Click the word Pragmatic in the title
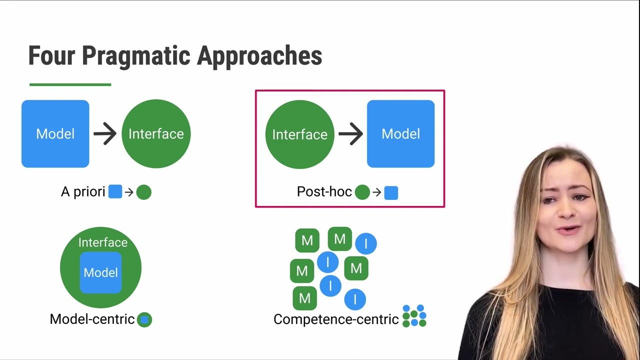tap(136, 56)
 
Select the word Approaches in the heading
tap(259, 56)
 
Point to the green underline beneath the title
tap(70, 84)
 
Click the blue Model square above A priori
tap(55, 133)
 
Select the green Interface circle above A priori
tap(156, 133)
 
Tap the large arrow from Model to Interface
tap(105, 133)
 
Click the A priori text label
tap(83, 192)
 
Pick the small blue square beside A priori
tap(115, 192)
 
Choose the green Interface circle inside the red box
tap(299, 134)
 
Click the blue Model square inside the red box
tap(400, 133)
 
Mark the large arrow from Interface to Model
tap(350, 134)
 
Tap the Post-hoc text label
tap(324, 192)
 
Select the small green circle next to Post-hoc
tap(362, 192)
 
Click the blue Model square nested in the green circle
tap(101, 272)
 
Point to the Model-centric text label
tap(92, 319)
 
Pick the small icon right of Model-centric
tap(144, 319)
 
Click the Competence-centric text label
tap(335, 319)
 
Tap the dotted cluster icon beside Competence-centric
tap(414, 315)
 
